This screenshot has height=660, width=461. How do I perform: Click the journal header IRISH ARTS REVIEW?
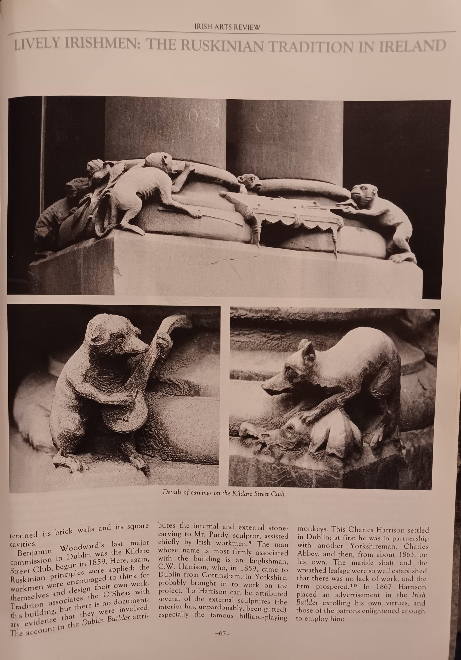pos(228,27)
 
